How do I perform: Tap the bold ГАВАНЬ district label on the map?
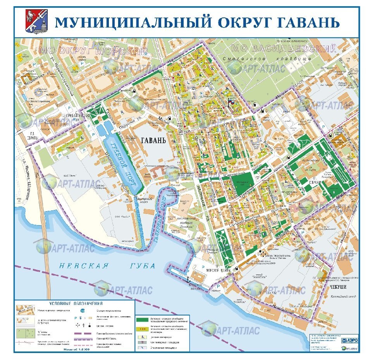click(x=153, y=140)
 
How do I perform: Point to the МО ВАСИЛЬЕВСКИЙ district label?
click(x=283, y=49)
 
